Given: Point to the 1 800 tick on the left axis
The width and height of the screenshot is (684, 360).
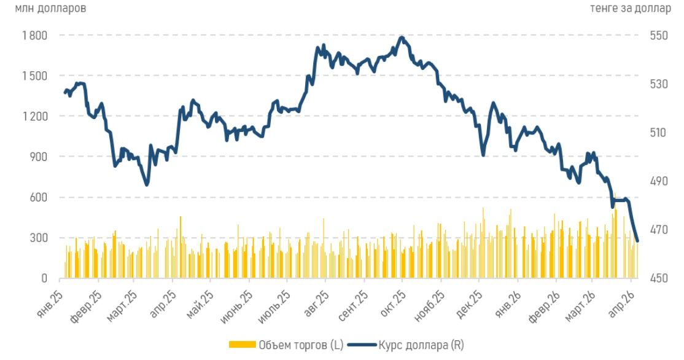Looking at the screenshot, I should tap(34, 36).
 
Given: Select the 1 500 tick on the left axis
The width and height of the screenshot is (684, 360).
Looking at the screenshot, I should tap(34, 76).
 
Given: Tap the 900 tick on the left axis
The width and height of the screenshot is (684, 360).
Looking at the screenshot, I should tap(39, 157).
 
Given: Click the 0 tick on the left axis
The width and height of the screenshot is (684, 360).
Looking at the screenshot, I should tap(44, 279).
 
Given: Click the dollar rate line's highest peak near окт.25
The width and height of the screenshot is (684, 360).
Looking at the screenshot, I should tap(402, 37).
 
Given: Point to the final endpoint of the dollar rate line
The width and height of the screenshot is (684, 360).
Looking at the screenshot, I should tap(637, 241).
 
